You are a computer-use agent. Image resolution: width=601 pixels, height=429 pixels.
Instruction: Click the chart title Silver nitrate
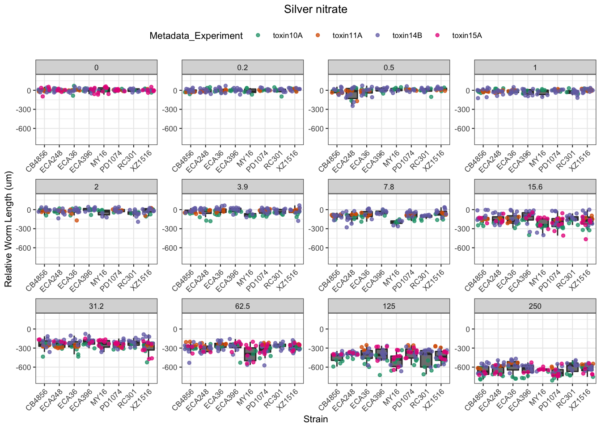[x=315, y=9]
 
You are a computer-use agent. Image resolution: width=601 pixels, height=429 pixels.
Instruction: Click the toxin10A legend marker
[x=258, y=35]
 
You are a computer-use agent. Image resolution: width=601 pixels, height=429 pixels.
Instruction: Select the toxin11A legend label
[x=347, y=36]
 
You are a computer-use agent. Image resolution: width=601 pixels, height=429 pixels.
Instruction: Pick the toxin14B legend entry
[x=407, y=36]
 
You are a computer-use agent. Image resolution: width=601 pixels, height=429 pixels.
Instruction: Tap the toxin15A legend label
[x=467, y=36]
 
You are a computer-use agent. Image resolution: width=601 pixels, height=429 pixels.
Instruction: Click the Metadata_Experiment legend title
[x=196, y=36]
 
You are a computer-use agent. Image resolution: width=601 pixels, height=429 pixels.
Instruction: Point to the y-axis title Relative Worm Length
[x=8, y=229]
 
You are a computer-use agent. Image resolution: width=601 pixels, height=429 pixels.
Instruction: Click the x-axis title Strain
[x=315, y=419]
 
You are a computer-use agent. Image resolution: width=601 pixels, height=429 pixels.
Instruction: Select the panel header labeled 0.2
[x=242, y=67]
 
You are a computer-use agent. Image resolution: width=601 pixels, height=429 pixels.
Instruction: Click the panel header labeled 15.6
[x=535, y=187]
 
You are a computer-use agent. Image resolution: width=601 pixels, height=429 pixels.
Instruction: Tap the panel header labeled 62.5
[x=242, y=306]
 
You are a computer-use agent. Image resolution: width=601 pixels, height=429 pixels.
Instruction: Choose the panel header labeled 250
[x=535, y=306]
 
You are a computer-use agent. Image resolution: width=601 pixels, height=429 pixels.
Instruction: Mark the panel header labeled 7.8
[x=389, y=187]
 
